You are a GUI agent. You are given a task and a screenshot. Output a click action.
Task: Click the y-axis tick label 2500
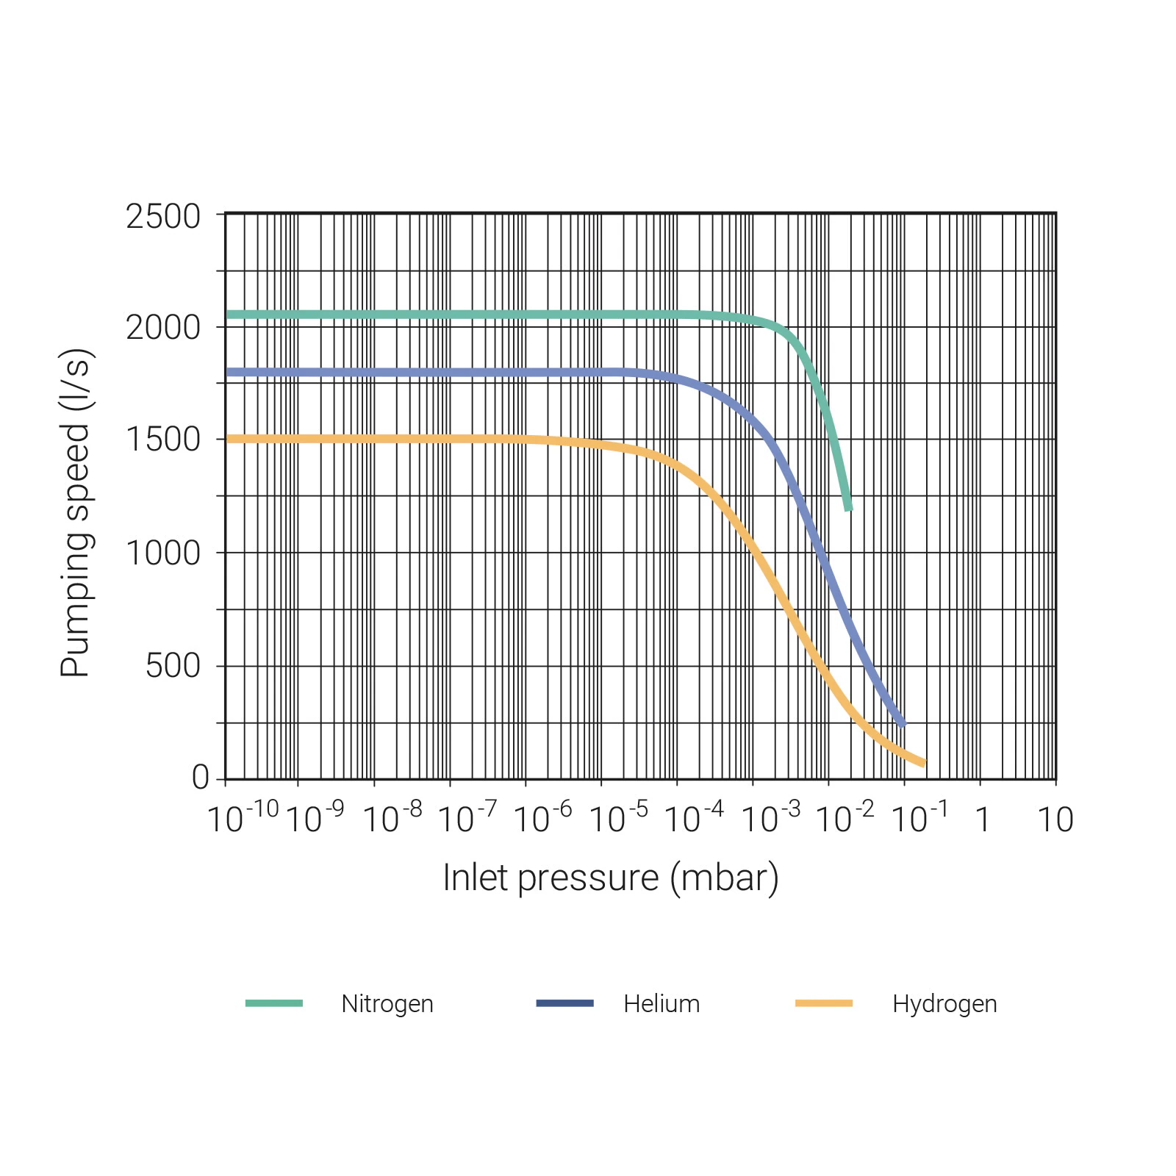tap(162, 217)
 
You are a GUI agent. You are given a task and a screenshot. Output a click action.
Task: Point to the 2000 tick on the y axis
tap(162, 328)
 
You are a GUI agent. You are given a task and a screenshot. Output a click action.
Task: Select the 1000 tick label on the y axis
tap(162, 553)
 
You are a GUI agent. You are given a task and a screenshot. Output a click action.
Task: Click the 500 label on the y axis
tap(173, 666)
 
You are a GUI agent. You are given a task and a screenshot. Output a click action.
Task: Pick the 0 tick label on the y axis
tap(201, 777)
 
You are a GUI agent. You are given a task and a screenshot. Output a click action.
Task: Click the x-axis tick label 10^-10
tap(243, 817)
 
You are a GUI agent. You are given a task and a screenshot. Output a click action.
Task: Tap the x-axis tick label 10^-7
tap(467, 817)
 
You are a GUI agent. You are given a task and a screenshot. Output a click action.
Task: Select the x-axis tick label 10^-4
tap(693, 817)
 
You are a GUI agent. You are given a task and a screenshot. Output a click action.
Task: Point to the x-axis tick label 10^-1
tap(919, 817)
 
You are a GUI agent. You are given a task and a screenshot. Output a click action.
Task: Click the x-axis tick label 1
tap(983, 820)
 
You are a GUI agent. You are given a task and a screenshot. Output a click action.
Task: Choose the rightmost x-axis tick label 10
tap(1055, 820)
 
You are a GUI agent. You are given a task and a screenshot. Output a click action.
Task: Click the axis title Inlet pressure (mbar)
tap(610, 878)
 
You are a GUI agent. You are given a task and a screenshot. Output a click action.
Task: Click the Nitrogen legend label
tap(387, 1004)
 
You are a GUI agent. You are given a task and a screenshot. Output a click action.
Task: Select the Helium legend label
tap(661, 1004)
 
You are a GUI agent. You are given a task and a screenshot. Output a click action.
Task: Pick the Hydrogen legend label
tap(944, 1004)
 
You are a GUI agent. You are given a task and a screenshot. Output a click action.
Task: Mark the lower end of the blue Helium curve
tap(903, 725)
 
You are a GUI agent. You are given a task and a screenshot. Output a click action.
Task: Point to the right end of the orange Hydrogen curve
tap(924, 764)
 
